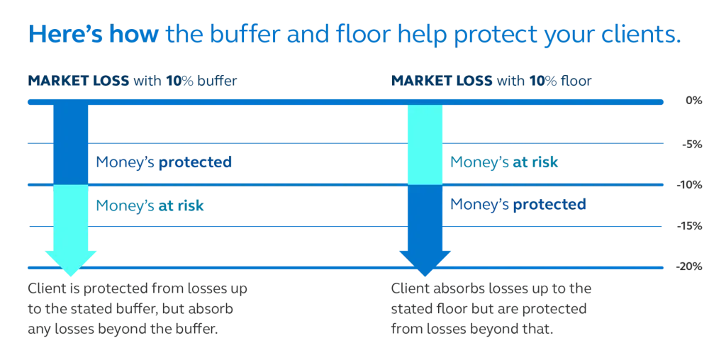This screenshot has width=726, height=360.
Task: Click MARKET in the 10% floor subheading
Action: point(415,81)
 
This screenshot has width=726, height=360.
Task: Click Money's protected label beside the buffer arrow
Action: point(164,162)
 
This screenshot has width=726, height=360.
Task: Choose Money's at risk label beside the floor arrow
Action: point(506,164)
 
